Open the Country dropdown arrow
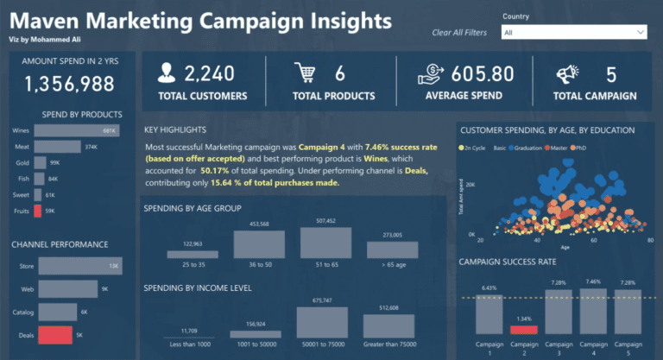pyautogui.click(x=640, y=33)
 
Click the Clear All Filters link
pyautogui.click(x=459, y=33)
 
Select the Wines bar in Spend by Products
pyautogui.click(x=76, y=131)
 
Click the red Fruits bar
pyautogui.click(x=39, y=210)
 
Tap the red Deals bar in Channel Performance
pyautogui.click(x=55, y=334)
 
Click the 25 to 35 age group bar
pyautogui.click(x=193, y=254)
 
